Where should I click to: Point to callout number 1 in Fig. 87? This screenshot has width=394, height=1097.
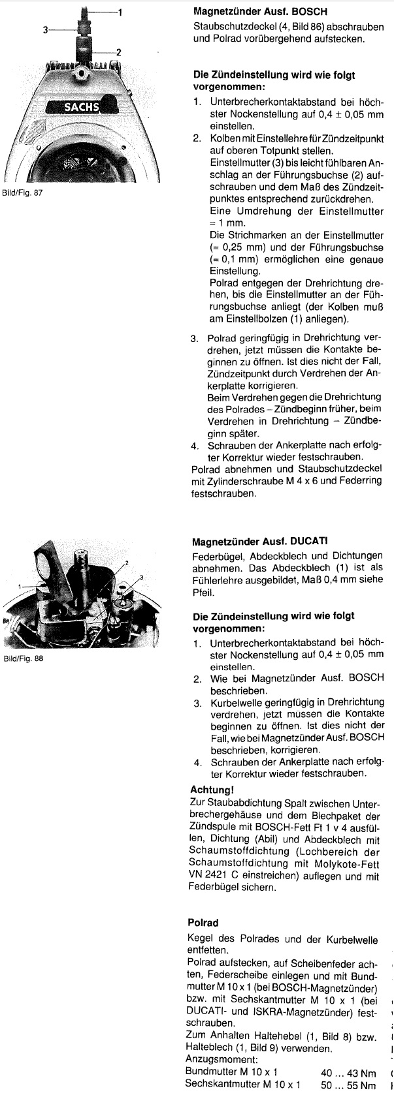pyautogui.click(x=120, y=12)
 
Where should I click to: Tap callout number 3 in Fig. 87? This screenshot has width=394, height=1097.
pyautogui.click(x=45, y=29)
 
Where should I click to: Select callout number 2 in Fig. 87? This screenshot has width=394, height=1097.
pyautogui.click(x=118, y=52)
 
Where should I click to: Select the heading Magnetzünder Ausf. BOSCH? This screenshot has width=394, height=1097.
pyautogui.click(x=261, y=12)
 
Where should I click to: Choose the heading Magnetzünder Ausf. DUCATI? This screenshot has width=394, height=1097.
pyautogui.click(x=260, y=542)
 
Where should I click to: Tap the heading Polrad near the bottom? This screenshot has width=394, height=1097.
pyautogui.click(x=203, y=923)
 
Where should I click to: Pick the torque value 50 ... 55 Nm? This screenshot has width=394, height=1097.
pyautogui.click(x=348, y=1085)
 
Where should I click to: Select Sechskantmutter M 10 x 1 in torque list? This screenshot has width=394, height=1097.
pyautogui.click(x=243, y=1085)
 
